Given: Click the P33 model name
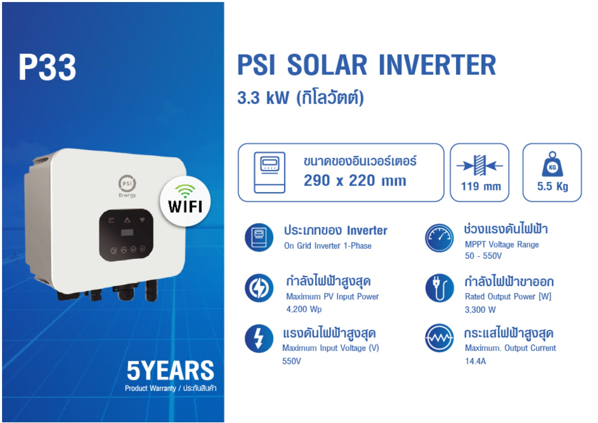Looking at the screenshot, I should click(47, 67).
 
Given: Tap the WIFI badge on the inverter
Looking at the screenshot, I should click(185, 201).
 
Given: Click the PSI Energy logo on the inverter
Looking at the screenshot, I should click(127, 186).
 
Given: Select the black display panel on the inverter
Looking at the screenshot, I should click(126, 235).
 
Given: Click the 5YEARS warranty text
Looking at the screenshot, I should click(170, 371).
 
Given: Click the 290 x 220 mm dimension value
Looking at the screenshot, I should click(355, 180).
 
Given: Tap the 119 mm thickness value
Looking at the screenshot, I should click(481, 186).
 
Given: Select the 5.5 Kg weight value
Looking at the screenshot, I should click(552, 186).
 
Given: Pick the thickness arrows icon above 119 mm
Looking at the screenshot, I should click(480, 165).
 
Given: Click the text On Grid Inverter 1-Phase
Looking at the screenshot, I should click(328, 246).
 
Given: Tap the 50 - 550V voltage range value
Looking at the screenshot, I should click(483, 256).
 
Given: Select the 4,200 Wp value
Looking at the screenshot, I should click(304, 309).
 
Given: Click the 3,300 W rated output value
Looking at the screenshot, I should click(480, 310).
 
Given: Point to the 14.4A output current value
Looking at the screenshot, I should click(475, 361).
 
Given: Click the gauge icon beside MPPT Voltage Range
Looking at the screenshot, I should click(439, 238).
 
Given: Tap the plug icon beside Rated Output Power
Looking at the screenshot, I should click(439, 288).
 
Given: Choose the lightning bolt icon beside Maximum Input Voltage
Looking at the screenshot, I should click(259, 338).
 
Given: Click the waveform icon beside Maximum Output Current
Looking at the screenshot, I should click(439, 338).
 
